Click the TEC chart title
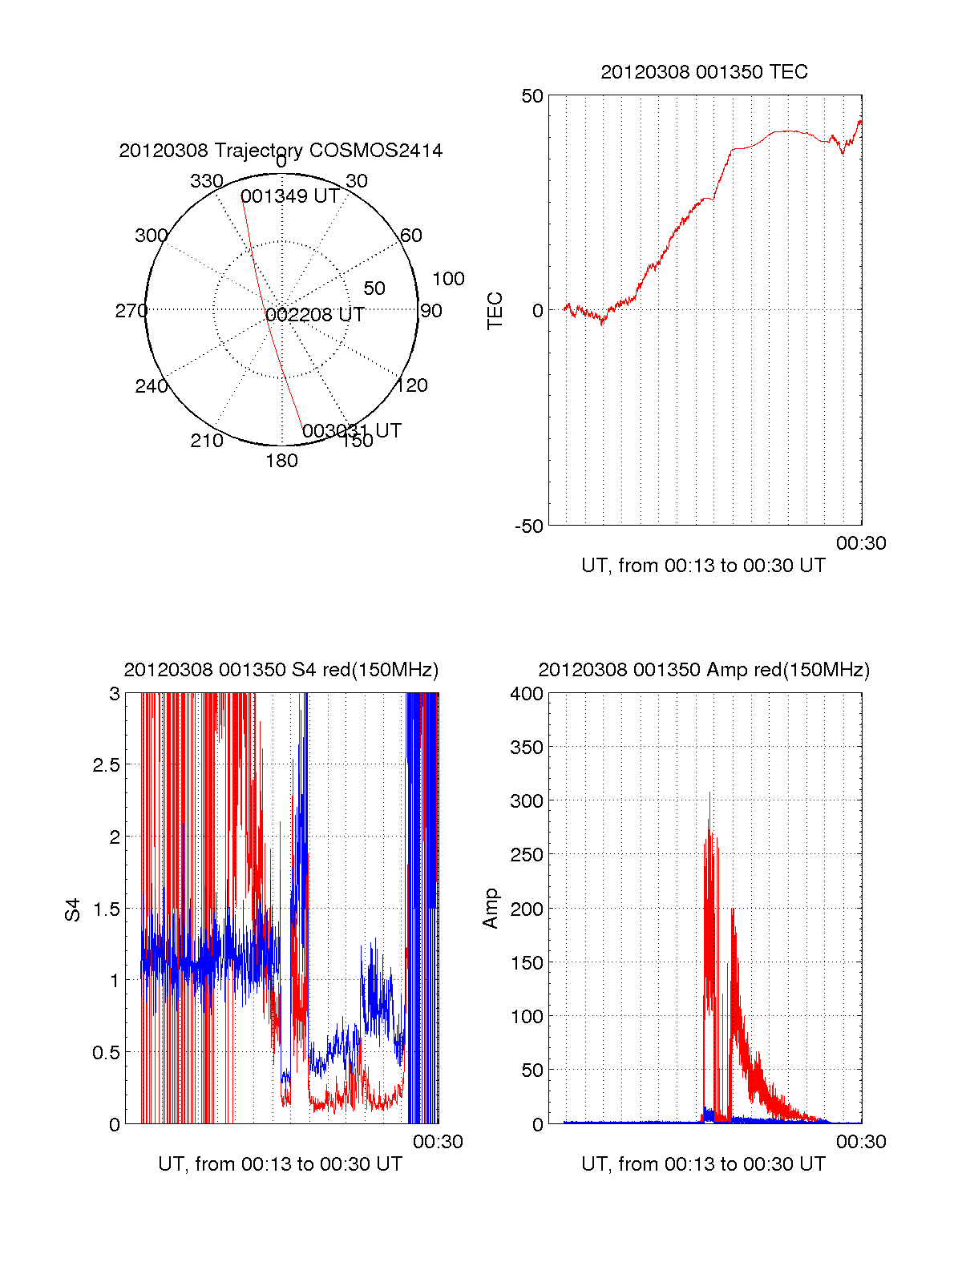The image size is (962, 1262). [704, 72]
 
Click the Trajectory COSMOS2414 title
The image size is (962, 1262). [281, 151]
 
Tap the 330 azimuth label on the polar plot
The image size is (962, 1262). [206, 181]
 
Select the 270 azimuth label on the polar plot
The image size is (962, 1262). [131, 311]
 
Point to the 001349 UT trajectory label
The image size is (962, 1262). [289, 196]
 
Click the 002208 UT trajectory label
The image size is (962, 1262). [315, 315]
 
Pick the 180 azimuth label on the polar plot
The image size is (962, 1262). [281, 461]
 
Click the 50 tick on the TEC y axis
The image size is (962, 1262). [532, 96]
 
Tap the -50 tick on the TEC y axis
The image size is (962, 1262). [529, 526]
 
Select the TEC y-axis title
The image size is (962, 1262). [495, 311]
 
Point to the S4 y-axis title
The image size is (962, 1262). [73, 909]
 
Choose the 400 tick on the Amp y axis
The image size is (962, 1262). [526, 694]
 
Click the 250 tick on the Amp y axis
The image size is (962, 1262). [526, 855]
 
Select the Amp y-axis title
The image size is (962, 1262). [491, 908]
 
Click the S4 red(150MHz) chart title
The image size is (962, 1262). [281, 670]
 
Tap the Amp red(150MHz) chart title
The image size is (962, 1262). [703, 670]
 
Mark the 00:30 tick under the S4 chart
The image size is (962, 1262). [438, 1142]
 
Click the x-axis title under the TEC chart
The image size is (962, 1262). [703, 566]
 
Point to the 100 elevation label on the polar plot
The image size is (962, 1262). [448, 279]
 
